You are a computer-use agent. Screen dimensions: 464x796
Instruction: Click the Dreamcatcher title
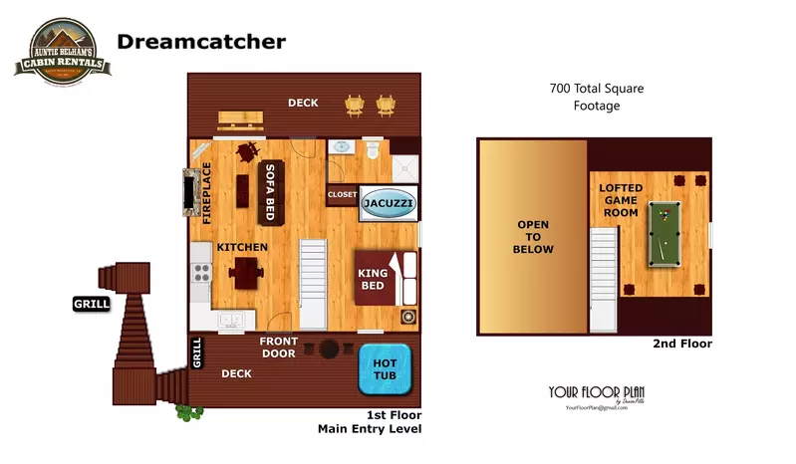(x=201, y=41)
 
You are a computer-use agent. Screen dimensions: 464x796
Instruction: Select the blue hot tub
(x=385, y=368)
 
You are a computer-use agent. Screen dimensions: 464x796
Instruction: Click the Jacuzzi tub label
(x=389, y=202)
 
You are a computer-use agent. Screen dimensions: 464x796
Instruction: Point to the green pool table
(x=663, y=233)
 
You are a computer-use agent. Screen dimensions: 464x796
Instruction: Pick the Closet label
(x=342, y=195)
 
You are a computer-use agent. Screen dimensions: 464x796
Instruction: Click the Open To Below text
(x=533, y=237)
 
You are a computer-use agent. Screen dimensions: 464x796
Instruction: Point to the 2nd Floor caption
(x=681, y=345)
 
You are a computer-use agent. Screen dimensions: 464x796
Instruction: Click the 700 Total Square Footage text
(x=597, y=97)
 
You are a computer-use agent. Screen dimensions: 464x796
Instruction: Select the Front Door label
(x=279, y=348)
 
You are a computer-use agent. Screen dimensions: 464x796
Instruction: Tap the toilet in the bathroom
(x=372, y=150)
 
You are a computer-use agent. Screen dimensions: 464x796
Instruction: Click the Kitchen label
(x=242, y=247)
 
